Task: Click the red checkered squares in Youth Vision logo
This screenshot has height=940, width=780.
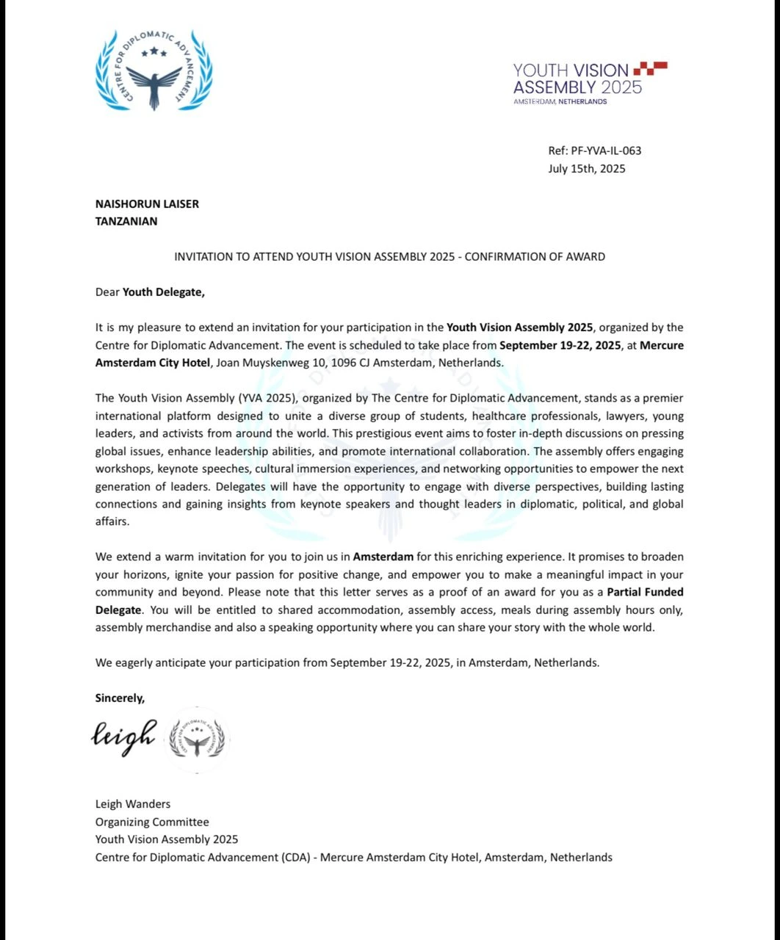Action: (650, 69)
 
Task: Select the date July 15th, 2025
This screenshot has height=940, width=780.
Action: (586, 168)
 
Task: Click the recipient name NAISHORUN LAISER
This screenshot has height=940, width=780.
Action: (147, 203)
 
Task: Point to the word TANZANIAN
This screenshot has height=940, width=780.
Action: (126, 221)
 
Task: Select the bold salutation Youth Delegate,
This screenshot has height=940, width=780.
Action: (164, 292)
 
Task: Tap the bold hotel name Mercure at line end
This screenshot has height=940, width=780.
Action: (662, 345)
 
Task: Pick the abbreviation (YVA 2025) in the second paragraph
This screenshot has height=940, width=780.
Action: (261, 398)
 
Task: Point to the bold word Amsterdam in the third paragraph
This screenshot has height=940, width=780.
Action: (383, 557)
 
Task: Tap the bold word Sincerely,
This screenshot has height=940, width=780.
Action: (120, 698)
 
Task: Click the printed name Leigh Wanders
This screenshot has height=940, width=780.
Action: (132, 804)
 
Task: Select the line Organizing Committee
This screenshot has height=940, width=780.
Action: (152, 822)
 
